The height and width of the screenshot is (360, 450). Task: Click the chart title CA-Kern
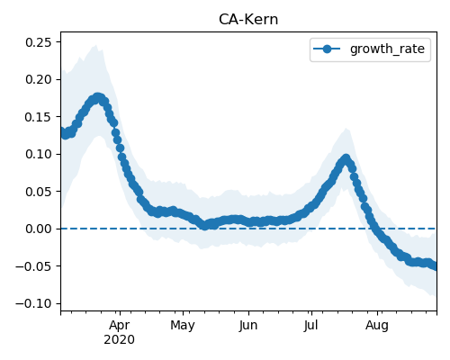pos(248,20)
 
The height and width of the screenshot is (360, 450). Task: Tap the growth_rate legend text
pos(387,49)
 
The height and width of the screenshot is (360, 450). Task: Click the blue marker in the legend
pos(327,49)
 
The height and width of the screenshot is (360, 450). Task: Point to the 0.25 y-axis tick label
pos(39,42)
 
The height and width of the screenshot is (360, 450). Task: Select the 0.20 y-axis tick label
pos(39,79)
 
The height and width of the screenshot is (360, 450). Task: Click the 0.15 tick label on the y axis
pos(39,117)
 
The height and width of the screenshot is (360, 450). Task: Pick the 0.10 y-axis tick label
pos(39,154)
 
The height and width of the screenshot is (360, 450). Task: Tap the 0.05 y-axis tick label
pos(39,192)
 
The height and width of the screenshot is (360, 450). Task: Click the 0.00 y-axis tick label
pos(39,229)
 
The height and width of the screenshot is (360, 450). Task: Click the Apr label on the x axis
pos(120,326)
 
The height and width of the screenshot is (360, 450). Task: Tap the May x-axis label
pos(183,326)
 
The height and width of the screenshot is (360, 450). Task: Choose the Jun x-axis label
pos(248,326)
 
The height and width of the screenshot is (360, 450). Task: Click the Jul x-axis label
pos(310,326)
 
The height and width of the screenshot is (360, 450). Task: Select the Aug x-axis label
pos(377,326)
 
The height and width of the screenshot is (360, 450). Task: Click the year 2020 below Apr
pos(120,340)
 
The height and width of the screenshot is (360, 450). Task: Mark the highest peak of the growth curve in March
pos(98,98)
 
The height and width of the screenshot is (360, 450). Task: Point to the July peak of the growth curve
pos(346,158)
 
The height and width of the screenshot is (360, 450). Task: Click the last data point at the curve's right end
pos(435,266)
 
